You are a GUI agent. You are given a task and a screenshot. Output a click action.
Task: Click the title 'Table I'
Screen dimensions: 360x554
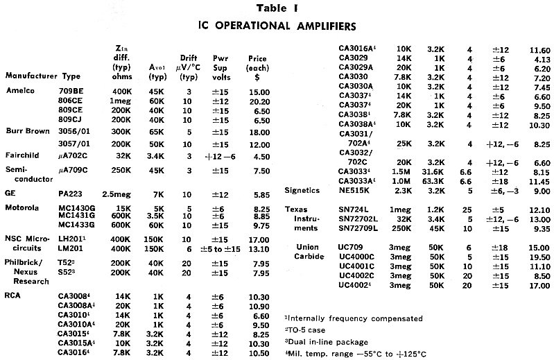(277, 9)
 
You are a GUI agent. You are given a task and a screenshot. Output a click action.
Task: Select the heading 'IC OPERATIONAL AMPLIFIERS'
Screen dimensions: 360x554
(277, 26)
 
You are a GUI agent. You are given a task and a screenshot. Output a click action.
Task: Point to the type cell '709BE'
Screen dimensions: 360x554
(77, 91)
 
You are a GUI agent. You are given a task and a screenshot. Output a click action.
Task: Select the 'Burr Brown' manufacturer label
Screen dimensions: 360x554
(27, 130)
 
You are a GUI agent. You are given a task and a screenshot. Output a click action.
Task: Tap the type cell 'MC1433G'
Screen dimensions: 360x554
(80, 225)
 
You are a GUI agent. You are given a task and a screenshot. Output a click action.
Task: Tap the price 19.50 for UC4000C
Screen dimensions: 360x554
(536, 256)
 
